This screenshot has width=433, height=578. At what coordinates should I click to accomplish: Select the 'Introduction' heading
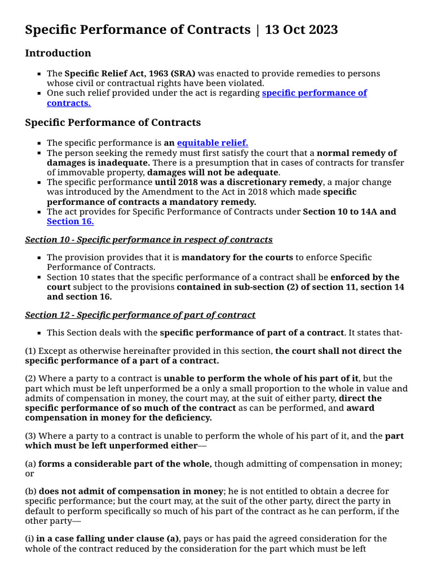coord(58,53)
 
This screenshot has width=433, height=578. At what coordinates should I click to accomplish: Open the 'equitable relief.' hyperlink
coord(213,143)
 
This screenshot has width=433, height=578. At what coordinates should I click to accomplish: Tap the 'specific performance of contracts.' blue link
coord(314,93)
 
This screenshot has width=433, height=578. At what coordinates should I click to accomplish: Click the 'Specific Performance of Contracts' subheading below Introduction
coord(113,122)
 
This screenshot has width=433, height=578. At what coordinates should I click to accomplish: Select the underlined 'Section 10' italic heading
coord(149,239)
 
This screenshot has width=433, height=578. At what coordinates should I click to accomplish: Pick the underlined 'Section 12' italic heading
coord(140,314)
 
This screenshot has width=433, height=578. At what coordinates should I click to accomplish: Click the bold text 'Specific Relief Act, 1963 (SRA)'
coord(130,73)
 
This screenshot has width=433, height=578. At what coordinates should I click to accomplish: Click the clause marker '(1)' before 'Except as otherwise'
coord(30,351)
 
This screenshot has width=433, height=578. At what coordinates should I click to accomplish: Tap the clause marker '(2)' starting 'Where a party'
coord(30,378)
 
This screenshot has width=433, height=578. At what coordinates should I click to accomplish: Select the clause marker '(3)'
coord(30,436)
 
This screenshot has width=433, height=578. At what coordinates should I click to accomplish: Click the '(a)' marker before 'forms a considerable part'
coord(30,463)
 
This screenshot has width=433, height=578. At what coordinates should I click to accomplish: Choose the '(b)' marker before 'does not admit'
coord(30,491)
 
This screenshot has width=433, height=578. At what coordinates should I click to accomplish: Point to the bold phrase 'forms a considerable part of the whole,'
coord(125,463)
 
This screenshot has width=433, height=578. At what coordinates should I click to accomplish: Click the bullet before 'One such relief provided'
coord(39,93)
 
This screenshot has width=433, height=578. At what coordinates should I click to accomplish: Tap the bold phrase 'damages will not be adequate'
coord(213,172)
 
